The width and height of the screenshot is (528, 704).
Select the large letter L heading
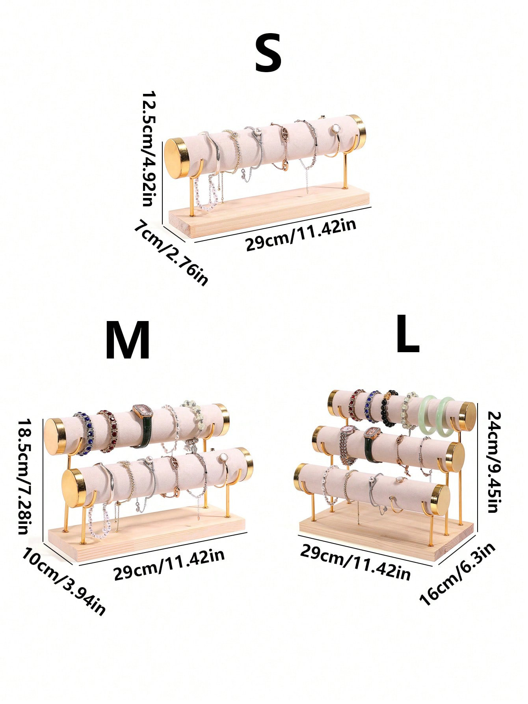(407, 334)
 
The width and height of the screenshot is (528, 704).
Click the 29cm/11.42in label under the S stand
(301, 235)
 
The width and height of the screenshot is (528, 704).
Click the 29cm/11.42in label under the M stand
(169, 564)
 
